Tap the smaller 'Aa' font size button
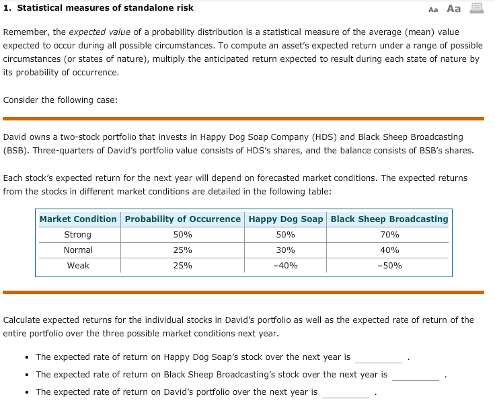(432, 9)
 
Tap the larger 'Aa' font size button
(454, 8)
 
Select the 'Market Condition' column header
(78, 219)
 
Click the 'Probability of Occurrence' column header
(182, 219)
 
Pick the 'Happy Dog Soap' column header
(286, 219)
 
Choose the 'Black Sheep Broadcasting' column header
(389, 219)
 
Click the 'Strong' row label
(78, 235)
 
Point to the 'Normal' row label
(78, 250)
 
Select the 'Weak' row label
(78, 266)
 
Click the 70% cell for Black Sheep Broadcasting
(389, 235)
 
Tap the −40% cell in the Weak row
(286, 266)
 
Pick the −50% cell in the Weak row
(389, 266)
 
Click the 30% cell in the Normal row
(286, 250)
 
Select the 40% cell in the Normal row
(389, 250)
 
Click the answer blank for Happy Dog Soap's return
(378, 357)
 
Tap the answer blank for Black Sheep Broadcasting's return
(415, 375)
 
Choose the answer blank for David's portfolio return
(345, 392)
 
